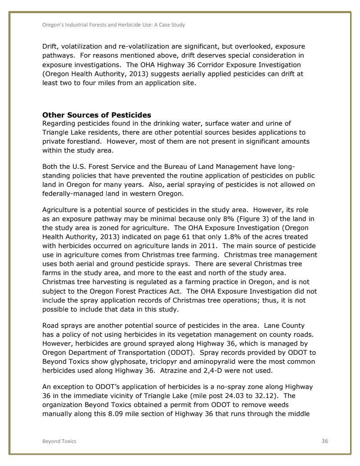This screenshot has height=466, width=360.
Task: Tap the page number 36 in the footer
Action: click(324, 441)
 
